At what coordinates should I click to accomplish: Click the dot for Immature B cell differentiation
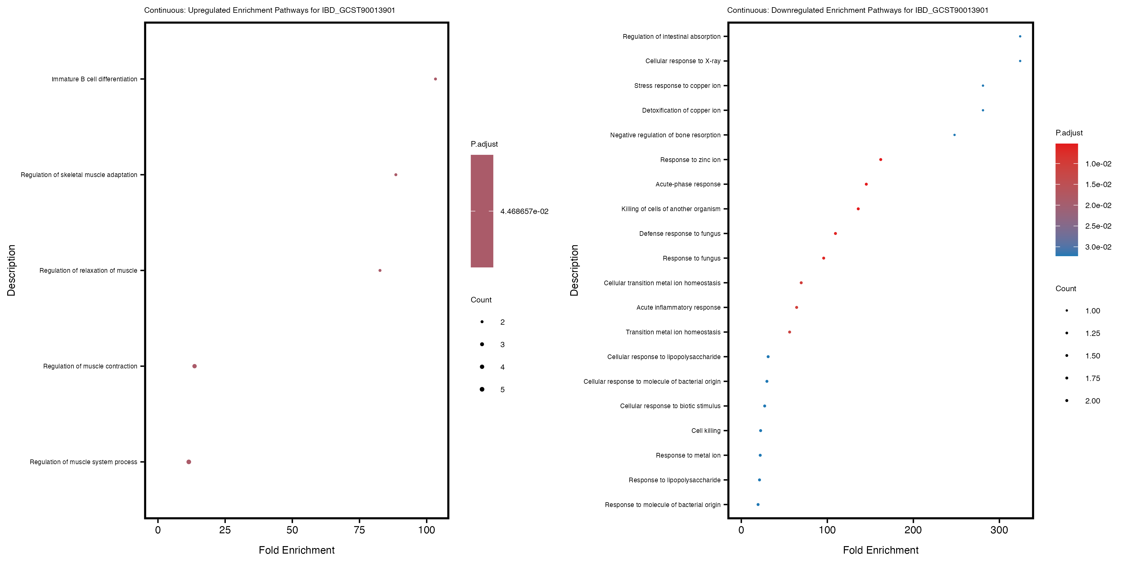[x=435, y=79]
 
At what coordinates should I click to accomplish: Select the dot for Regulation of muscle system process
[x=189, y=462]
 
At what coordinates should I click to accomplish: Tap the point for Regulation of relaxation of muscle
[x=380, y=271]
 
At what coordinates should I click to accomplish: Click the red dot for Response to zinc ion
[x=880, y=160]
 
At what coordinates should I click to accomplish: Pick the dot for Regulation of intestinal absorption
[x=1020, y=37]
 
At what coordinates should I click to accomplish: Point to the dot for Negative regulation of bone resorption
[x=954, y=135]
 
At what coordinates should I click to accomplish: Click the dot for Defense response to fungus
[x=835, y=233]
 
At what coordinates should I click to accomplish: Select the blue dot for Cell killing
[x=761, y=431]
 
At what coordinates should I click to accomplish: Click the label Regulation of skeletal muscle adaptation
[x=79, y=175]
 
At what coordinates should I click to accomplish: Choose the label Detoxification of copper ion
[x=681, y=111]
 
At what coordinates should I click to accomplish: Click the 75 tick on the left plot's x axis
[x=359, y=530]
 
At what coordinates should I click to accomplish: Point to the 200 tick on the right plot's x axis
[x=913, y=530]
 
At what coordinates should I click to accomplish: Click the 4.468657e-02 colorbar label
[x=524, y=211]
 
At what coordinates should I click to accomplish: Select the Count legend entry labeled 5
[x=502, y=389]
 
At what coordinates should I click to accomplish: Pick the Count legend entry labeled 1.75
[x=1092, y=378]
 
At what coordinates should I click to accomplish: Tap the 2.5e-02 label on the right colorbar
[x=1098, y=226]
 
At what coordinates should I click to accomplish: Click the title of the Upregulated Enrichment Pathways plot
[x=270, y=10]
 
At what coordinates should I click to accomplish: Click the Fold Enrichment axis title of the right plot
[x=880, y=550]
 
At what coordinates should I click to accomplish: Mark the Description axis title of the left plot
[x=11, y=271]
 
